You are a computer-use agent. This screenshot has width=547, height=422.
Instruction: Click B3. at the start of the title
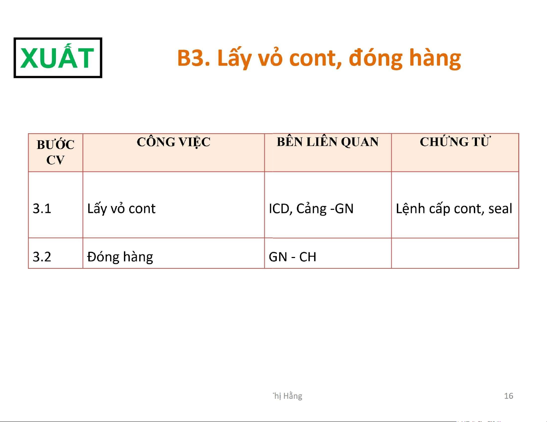tap(194, 58)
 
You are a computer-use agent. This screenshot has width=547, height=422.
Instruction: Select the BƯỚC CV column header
tap(55, 152)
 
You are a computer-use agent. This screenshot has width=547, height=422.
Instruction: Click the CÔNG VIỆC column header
tap(174, 142)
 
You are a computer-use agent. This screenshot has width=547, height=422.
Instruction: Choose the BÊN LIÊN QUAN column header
tap(328, 142)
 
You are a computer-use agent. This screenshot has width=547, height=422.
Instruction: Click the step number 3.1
tap(42, 208)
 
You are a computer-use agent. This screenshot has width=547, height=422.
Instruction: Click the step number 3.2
tap(42, 257)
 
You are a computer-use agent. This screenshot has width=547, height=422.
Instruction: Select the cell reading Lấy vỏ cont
tap(121, 209)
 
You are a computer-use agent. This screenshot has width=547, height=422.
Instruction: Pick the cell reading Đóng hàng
tap(120, 257)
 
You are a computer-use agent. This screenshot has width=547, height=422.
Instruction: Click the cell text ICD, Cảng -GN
tap(311, 209)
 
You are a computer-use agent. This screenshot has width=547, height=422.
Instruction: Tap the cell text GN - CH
tap(292, 257)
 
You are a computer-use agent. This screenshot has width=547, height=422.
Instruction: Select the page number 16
tap(508, 396)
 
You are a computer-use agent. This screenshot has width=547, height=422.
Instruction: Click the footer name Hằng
tap(293, 396)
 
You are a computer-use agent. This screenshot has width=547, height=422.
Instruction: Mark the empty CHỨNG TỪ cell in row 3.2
tap(455, 253)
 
